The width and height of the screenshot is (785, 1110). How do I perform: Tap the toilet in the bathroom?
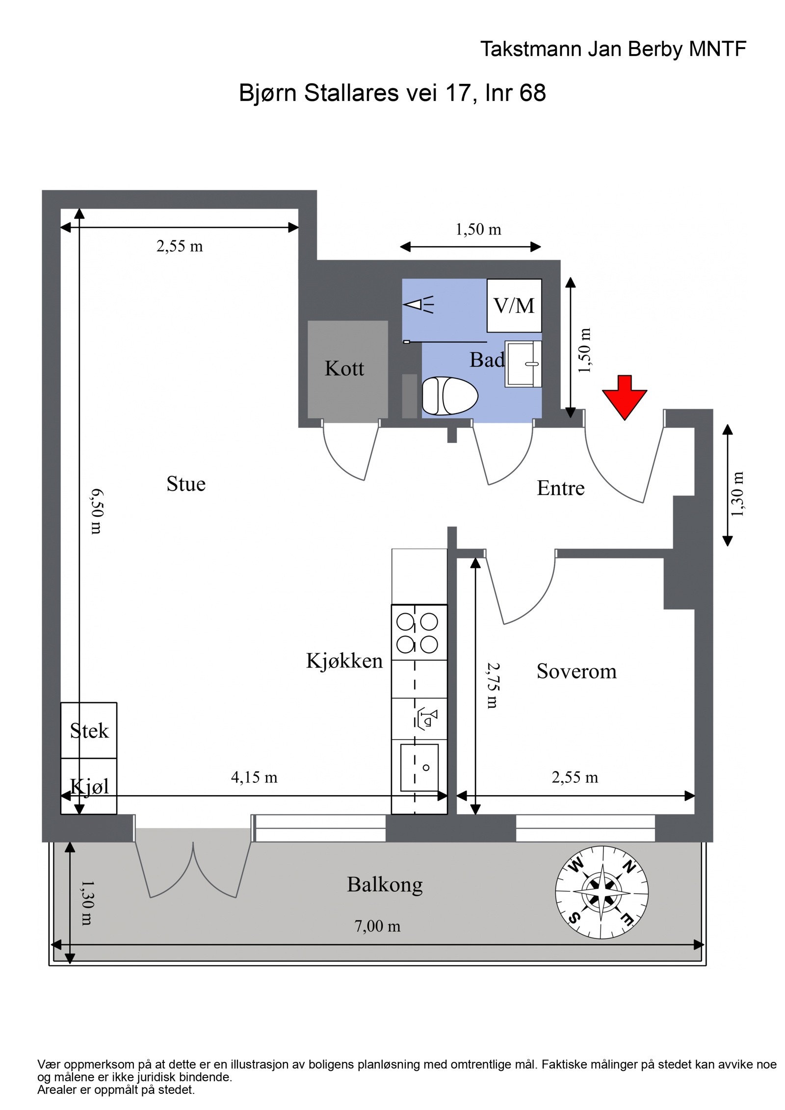coord(449,395)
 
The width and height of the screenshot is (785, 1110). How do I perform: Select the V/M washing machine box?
coord(514,306)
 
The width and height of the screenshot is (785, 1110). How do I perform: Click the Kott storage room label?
coord(344,368)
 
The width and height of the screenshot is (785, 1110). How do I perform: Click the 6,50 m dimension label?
coord(96,511)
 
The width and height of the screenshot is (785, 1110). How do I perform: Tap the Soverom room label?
coord(576,671)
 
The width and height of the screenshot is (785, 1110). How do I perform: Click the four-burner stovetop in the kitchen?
coord(419,633)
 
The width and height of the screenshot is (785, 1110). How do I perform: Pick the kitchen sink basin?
coord(419,768)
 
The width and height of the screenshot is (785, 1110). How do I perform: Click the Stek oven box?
coord(89,731)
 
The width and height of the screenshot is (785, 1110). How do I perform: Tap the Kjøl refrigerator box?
coord(89,786)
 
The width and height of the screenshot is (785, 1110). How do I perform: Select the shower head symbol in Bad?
coord(419,305)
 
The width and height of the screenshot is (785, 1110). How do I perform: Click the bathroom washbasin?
coord(523,364)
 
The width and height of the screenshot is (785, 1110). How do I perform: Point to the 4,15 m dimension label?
coord(254,777)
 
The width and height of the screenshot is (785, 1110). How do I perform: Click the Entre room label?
coord(560,488)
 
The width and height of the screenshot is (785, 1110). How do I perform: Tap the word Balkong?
coord(385,884)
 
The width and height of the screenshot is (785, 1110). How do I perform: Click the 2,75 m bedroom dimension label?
coord(493,685)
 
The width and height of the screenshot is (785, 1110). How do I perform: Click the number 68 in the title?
coord(532,93)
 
